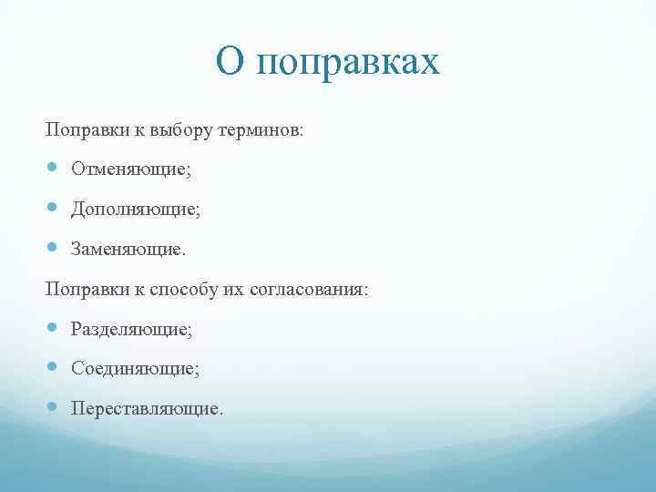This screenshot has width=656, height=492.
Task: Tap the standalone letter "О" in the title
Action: tap(231, 62)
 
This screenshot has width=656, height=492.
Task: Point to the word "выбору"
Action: tap(183, 130)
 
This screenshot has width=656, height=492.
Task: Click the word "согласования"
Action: tap(313, 289)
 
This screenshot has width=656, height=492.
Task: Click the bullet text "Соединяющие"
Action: tap(136, 368)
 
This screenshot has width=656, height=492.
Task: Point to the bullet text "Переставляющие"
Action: tap(146, 408)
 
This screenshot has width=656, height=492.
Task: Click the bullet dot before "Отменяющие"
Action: tap(53, 169)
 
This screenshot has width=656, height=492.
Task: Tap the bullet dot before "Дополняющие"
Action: tap(53, 208)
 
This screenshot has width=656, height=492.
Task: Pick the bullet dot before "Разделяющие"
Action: tap(53, 328)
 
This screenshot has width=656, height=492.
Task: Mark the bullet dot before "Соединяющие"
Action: tap(53, 367)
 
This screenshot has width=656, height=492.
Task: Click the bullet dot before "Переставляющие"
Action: tap(53, 407)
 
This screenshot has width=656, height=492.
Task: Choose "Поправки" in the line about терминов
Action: tap(79, 130)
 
